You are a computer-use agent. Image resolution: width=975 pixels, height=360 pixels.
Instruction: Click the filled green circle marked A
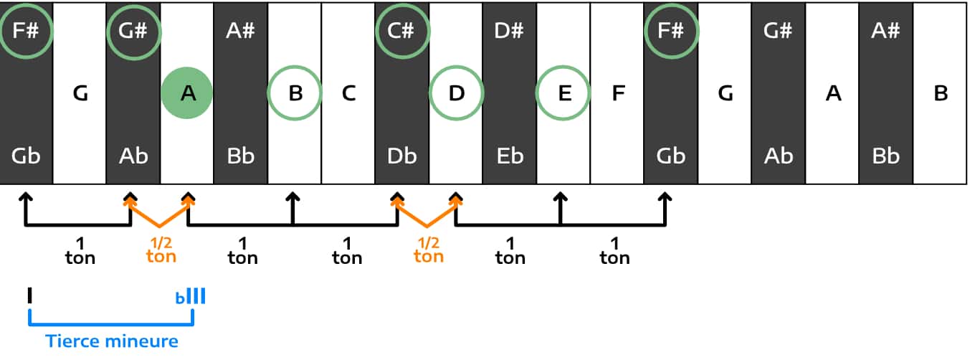[x=187, y=93]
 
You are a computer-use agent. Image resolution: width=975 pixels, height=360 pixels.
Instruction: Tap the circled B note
[x=295, y=93]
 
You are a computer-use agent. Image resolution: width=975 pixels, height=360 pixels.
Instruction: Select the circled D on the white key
[x=456, y=93]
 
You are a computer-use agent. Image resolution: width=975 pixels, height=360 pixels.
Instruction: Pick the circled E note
[x=563, y=93]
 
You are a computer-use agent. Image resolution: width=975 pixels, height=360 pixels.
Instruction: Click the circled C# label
[x=402, y=32]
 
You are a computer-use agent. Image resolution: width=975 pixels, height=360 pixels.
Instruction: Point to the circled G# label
[x=133, y=32]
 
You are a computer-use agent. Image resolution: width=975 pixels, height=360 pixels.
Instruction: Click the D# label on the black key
[x=510, y=32]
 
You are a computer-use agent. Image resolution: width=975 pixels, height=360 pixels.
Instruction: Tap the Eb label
[x=510, y=156]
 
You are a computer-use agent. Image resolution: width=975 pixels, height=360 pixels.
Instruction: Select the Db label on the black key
[x=402, y=156]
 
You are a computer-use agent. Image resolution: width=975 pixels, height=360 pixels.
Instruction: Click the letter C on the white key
[x=348, y=93]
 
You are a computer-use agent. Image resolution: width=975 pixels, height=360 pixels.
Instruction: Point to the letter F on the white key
[x=617, y=93]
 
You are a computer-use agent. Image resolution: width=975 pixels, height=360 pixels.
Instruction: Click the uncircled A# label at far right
[x=886, y=32]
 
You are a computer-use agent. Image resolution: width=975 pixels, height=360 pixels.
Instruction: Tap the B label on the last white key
[x=941, y=93]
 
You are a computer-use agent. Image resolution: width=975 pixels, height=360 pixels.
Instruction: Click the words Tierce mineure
[x=112, y=341]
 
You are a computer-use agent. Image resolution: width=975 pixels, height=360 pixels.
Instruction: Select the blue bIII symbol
[x=191, y=296]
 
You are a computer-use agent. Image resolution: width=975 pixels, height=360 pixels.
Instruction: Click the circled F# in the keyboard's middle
[x=671, y=32]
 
